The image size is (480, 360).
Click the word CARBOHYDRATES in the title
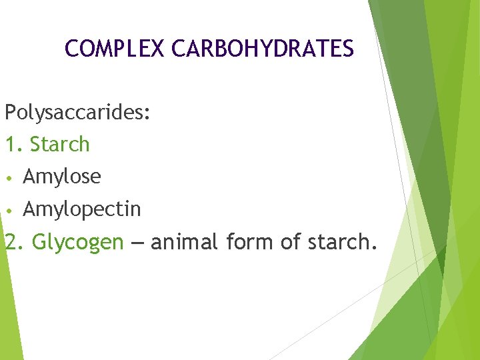point(263,49)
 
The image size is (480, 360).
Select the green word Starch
point(60,145)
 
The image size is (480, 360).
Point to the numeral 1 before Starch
point(10,145)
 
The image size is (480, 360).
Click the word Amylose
point(62,177)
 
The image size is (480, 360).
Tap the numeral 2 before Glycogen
point(11,242)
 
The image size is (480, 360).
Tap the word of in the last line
point(290,242)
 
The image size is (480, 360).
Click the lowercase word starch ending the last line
point(337,242)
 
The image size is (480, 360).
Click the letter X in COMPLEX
point(157,49)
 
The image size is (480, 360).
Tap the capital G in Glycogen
point(39,242)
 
